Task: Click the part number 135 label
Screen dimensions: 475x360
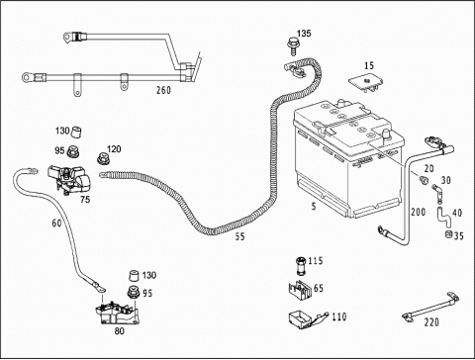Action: click(304, 34)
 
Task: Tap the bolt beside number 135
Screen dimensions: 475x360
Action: click(292, 46)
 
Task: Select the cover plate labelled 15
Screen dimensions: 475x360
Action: click(367, 82)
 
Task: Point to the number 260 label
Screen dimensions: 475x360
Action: click(163, 90)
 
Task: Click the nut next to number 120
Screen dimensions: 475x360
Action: click(103, 158)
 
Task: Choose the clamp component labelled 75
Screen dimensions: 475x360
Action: click(69, 180)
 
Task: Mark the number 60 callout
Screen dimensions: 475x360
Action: click(56, 224)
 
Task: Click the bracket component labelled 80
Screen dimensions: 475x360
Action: click(118, 315)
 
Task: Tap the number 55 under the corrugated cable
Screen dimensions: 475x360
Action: click(240, 236)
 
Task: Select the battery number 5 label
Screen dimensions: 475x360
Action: click(314, 207)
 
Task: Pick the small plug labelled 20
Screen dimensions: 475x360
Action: click(424, 180)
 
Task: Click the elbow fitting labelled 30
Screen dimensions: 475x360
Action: click(436, 192)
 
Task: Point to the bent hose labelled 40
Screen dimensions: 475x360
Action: click(443, 217)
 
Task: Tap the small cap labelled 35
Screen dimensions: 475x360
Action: click(448, 234)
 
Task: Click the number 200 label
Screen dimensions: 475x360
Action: click(418, 212)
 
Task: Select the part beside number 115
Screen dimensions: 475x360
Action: click(301, 265)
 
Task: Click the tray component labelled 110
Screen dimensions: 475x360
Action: click(307, 319)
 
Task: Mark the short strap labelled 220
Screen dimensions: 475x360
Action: click(430, 307)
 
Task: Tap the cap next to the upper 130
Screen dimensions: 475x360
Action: click(77, 132)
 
